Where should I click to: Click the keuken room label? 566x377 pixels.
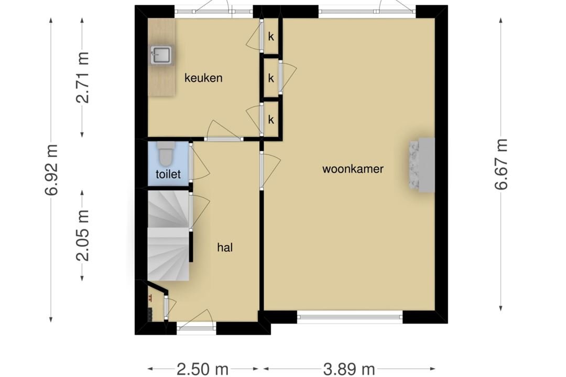[x=203, y=78]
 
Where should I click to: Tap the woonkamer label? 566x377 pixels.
[x=353, y=169]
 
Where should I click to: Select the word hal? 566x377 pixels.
[x=225, y=247]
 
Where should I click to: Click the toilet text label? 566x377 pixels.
[x=168, y=174]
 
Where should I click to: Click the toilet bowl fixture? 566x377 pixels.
[x=166, y=152]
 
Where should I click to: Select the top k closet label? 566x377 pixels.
[x=271, y=37]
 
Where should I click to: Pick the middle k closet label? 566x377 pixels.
[x=271, y=78]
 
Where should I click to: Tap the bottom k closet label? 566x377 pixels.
[x=271, y=119]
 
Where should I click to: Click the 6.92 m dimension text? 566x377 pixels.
[x=51, y=170]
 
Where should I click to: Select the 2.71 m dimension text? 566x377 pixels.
[x=83, y=77]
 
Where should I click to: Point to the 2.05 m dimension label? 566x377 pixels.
[x=83, y=235]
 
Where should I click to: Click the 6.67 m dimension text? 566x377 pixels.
[x=501, y=164]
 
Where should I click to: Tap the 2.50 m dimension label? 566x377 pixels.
[x=202, y=369]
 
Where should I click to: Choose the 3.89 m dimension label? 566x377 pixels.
[x=349, y=369]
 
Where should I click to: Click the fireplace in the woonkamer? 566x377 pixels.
[x=421, y=164]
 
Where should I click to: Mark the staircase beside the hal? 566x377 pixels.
[x=169, y=236]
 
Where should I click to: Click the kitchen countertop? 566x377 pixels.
[x=161, y=58]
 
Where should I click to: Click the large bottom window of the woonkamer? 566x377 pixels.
[x=350, y=317]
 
